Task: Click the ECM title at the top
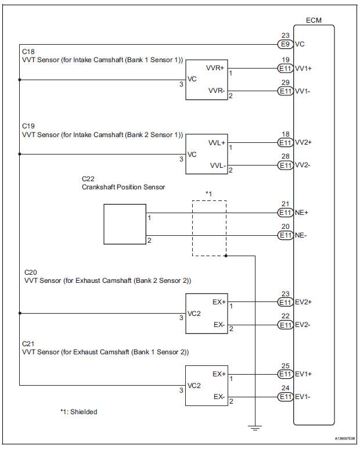(x=314, y=21)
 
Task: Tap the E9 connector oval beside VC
(x=285, y=43)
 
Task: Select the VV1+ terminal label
(x=304, y=68)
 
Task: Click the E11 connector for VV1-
(x=285, y=92)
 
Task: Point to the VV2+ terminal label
(x=304, y=142)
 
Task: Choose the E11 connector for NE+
(x=285, y=213)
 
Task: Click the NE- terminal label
(x=301, y=235)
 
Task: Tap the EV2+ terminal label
(x=304, y=302)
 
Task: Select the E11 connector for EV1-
(x=285, y=397)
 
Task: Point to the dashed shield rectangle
(x=209, y=228)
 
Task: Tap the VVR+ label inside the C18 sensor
(x=215, y=68)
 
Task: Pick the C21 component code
(x=28, y=343)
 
